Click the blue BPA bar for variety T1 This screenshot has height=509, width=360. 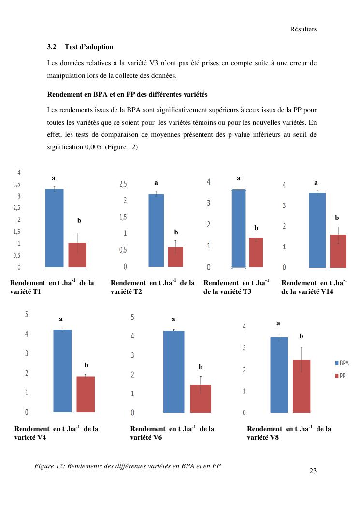tap(55, 228)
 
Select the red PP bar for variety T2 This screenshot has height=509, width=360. tap(175, 257)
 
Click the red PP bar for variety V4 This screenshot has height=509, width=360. tap(86, 394)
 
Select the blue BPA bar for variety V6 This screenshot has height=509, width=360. tap(174, 371)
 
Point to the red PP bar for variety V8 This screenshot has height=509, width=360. tap(302, 386)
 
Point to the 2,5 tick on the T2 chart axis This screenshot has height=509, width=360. tap(123, 184)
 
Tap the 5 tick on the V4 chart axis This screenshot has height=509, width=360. tap(27, 314)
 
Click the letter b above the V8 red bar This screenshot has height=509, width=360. tap(301, 336)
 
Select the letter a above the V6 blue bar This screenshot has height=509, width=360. tap(173, 319)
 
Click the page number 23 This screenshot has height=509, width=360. tap(313, 471)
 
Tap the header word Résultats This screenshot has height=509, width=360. tap(303, 29)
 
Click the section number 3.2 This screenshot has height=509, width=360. tap(52, 47)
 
